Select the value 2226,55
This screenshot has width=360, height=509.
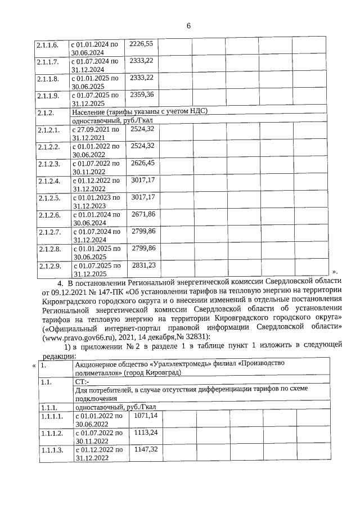click(142, 43)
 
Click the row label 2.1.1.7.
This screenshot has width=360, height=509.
click(48, 61)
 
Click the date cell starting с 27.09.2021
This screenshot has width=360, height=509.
click(95, 133)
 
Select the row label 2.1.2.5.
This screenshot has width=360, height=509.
click(48, 198)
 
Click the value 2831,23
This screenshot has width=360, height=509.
click(143, 265)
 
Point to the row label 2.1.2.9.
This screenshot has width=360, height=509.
click(48, 265)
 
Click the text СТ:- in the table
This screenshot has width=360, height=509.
click(82, 382)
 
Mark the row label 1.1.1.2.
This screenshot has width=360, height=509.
click(52, 433)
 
